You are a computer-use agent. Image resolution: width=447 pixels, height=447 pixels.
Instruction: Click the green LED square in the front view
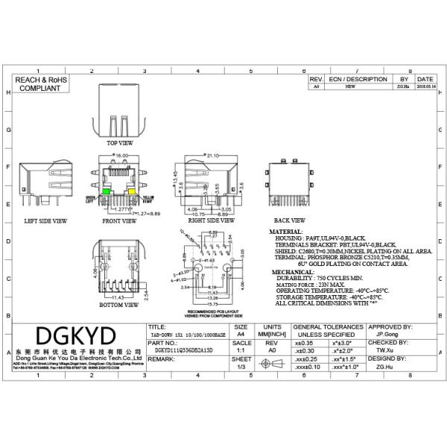[107, 192]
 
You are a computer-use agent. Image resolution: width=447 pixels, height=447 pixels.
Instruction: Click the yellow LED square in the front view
[133, 192]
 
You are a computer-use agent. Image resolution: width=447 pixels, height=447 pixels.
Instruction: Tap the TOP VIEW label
[119, 142]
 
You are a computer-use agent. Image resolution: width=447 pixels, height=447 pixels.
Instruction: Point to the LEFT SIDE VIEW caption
[45, 221]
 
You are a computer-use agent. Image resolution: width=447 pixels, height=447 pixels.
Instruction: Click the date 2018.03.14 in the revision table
[425, 86]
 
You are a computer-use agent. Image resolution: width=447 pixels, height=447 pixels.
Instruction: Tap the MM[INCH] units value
[272, 335]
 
